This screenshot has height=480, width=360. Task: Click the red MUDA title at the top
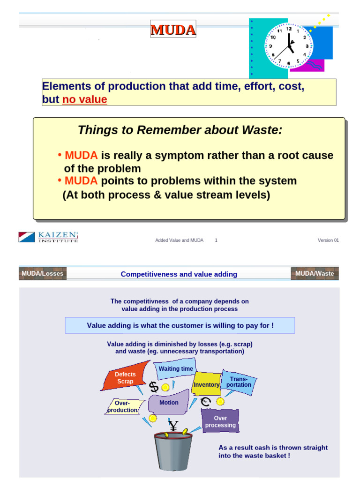[173, 30]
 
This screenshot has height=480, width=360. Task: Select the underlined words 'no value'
[84, 100]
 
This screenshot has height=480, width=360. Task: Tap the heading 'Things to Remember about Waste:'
[180, 130]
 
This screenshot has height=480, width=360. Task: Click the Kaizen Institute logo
[48, 237]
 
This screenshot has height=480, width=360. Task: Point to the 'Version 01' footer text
[328, 240]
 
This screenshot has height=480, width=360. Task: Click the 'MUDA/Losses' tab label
[42, 273]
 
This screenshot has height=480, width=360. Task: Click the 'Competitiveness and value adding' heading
[179, 274]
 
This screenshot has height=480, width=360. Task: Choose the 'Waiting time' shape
[175, 368]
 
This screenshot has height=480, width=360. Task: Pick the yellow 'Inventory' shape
[206, 384]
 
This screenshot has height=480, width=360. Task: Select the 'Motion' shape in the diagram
[169, 403]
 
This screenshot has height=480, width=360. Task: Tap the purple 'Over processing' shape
[220, 421]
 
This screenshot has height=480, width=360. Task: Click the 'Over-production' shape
[122, 406]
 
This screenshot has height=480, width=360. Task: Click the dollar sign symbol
[154, 387]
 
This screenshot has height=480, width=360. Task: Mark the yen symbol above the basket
[173, 426]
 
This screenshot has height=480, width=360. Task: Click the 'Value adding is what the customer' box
[180, 325]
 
